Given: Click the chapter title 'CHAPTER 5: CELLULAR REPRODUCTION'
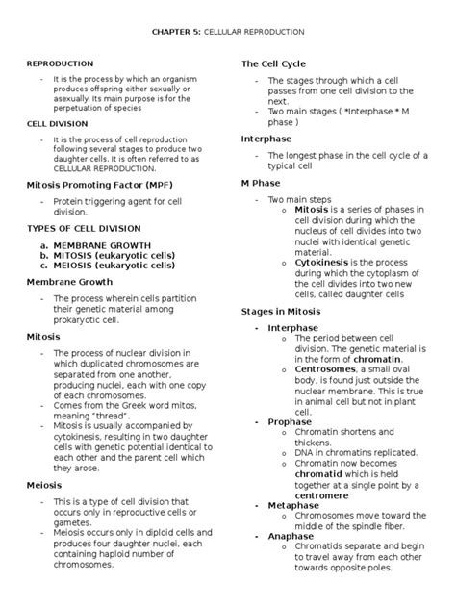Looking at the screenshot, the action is coord(228,32).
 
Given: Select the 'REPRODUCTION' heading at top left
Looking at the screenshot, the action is coord(60,63).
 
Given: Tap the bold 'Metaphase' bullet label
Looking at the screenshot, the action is coord(294,504).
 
